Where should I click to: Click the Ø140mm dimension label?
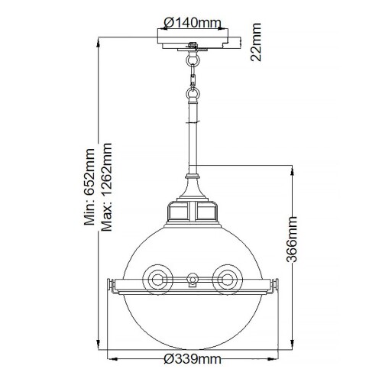tap(196, 21)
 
